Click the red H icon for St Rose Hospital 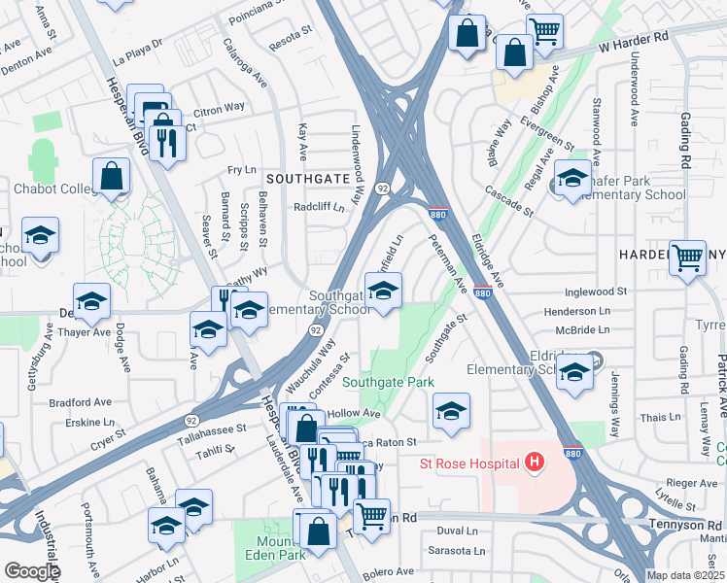tap(533, 464)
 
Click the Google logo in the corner tap(32, 571)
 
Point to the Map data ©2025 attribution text tap(685, 575)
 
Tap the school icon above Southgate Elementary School tap(383, 290)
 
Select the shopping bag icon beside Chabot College tap(112, 176)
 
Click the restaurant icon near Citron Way tap(168, 142)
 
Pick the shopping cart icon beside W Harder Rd tap(544, 31)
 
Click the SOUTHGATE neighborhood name tap(306, 179)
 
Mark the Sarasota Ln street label tap(460, 551)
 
